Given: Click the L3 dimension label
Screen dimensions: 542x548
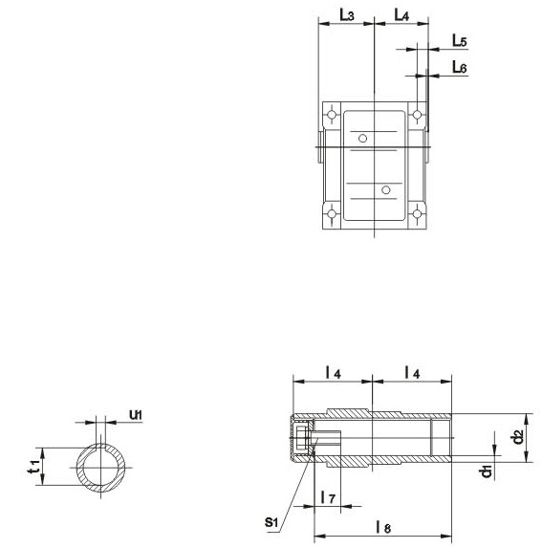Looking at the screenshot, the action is [x=347, y=15].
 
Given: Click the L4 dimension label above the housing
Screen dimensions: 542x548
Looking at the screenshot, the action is [x=401, y=15].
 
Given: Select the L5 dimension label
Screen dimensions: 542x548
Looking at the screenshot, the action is [x=460, y=41].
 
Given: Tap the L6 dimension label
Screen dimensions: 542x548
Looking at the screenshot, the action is [x=460, y=67].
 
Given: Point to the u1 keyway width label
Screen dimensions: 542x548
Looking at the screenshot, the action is [x=136, y=415].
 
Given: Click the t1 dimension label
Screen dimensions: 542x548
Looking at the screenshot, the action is [x=33, y=466].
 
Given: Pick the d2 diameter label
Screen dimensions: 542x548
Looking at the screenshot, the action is [x=519, y=437].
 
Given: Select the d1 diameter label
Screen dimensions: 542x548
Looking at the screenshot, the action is [x=486, y=471].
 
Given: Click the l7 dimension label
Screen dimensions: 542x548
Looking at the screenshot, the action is [x=328, y=497].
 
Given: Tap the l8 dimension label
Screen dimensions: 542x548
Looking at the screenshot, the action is [x=383, y=527].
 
